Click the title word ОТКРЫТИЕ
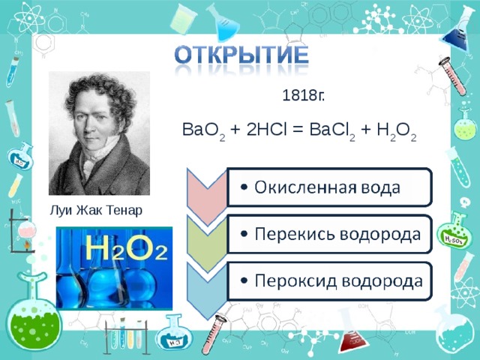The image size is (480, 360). (x=241, y=57)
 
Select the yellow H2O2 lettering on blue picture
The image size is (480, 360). (x=125, y=248)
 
